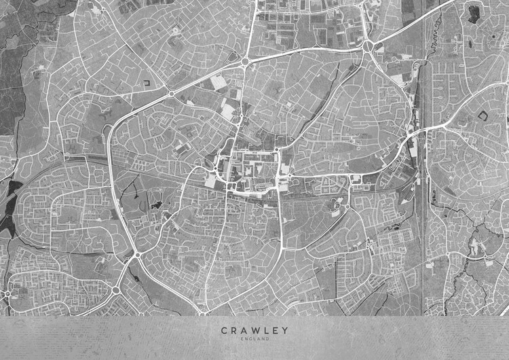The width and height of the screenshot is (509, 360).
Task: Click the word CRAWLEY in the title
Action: tap(254, 331)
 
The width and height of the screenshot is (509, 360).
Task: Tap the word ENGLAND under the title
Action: tap(254, 338)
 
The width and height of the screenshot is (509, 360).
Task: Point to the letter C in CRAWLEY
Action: tap(223, 331)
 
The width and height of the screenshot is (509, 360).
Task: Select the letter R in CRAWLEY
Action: tap(233, 331)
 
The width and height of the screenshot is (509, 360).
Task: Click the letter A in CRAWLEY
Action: tap(244, 331)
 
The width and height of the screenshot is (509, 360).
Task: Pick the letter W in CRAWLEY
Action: tap(255, 331)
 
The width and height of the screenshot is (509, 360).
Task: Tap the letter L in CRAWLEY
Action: tap(266, 331)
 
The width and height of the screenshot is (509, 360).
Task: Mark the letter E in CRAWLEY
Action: tap(276, 331)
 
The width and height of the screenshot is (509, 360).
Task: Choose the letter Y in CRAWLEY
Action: tap(285, 331)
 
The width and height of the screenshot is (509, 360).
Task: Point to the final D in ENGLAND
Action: tap(267, 338)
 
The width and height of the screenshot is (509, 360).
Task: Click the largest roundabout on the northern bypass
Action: tap(368, 46)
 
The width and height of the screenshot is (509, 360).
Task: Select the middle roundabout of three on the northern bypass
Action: tap(245, 62)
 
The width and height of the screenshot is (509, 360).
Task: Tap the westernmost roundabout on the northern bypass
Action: tap(171, 93)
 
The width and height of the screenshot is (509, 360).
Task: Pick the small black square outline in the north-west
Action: tap(147, 83)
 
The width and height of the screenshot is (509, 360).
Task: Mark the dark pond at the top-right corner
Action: tap(473, 12)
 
